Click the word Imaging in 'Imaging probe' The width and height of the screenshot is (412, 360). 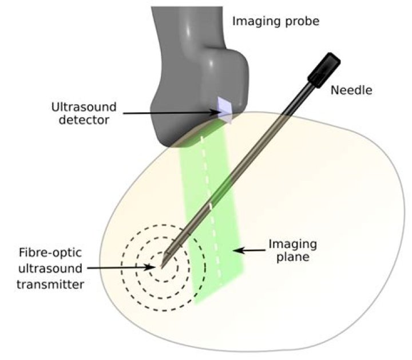click(x=253, y=22)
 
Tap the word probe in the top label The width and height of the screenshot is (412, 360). click(x=298, y=22)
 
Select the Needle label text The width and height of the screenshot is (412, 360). click(x=351, y=90)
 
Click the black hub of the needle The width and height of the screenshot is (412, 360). click(x=324, y=70)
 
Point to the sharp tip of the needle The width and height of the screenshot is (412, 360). click(x=161, y=268)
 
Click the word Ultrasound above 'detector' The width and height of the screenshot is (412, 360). click(x=84, y=107)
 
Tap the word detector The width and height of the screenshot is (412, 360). click(x=84, y=120)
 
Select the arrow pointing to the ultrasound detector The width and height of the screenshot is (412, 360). click(x=172, y=113)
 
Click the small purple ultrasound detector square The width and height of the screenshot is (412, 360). click(x=225, y=110)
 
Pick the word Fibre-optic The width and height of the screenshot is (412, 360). click(x=50, y=253)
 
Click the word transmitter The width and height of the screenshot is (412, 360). click(x=50, y=284)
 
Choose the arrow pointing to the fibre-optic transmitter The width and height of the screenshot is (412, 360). click(x=121, y=268)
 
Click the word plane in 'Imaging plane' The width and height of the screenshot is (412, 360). click(x=293, y=257)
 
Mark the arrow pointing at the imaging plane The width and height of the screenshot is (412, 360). click(x=249, y=251)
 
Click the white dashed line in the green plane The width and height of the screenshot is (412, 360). click(x=212, y=210)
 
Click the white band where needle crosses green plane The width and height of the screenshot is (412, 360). click(x=210, y=207)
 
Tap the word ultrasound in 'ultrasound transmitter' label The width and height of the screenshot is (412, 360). click(x=50, y=268)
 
